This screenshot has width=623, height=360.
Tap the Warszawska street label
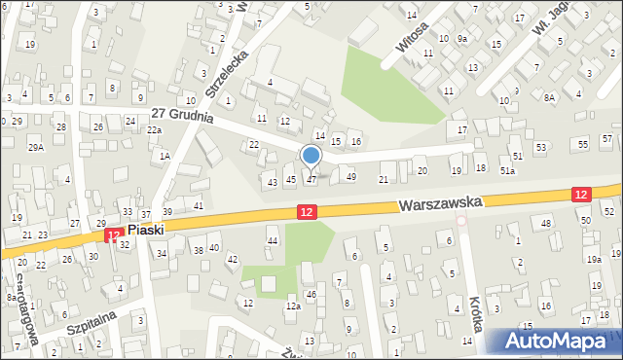coord(441,204)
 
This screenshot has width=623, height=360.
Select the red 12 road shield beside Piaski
coord(114,234)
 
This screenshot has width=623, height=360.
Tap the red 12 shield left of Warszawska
coord(306,212)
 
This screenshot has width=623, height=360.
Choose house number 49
coord(351,177)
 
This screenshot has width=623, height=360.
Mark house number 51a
coord(507,171)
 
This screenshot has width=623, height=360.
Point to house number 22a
coord(154,129)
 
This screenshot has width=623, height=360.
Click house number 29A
coord(36,147)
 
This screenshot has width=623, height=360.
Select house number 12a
coord(292,306)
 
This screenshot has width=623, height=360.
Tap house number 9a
coord(463,38)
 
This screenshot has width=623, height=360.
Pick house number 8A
coord(549,97)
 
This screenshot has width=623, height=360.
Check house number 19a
coord(594,259)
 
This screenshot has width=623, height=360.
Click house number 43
coord(273,182)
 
